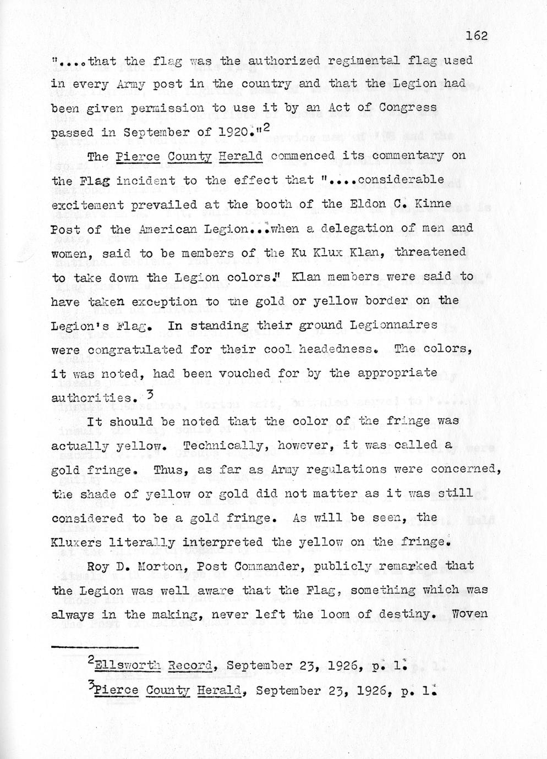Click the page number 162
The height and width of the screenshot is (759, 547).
click(x=477, y=36)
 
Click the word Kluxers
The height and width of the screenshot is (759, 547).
click(x=75, y=542)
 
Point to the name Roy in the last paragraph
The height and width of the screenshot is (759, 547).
click(x=99, y=566)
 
